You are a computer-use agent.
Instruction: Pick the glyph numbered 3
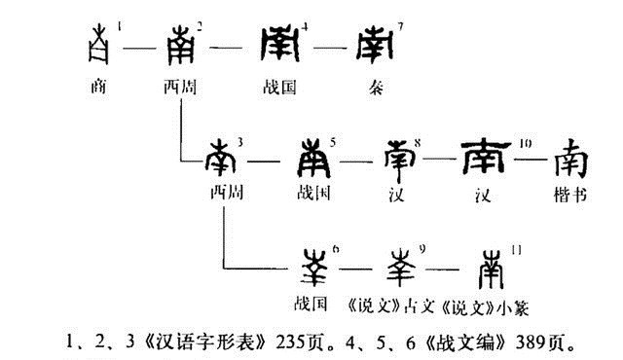pyautogui.click(x=221, y=157)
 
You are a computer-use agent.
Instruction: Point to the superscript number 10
pyautogui.click(x=526, y=142)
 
